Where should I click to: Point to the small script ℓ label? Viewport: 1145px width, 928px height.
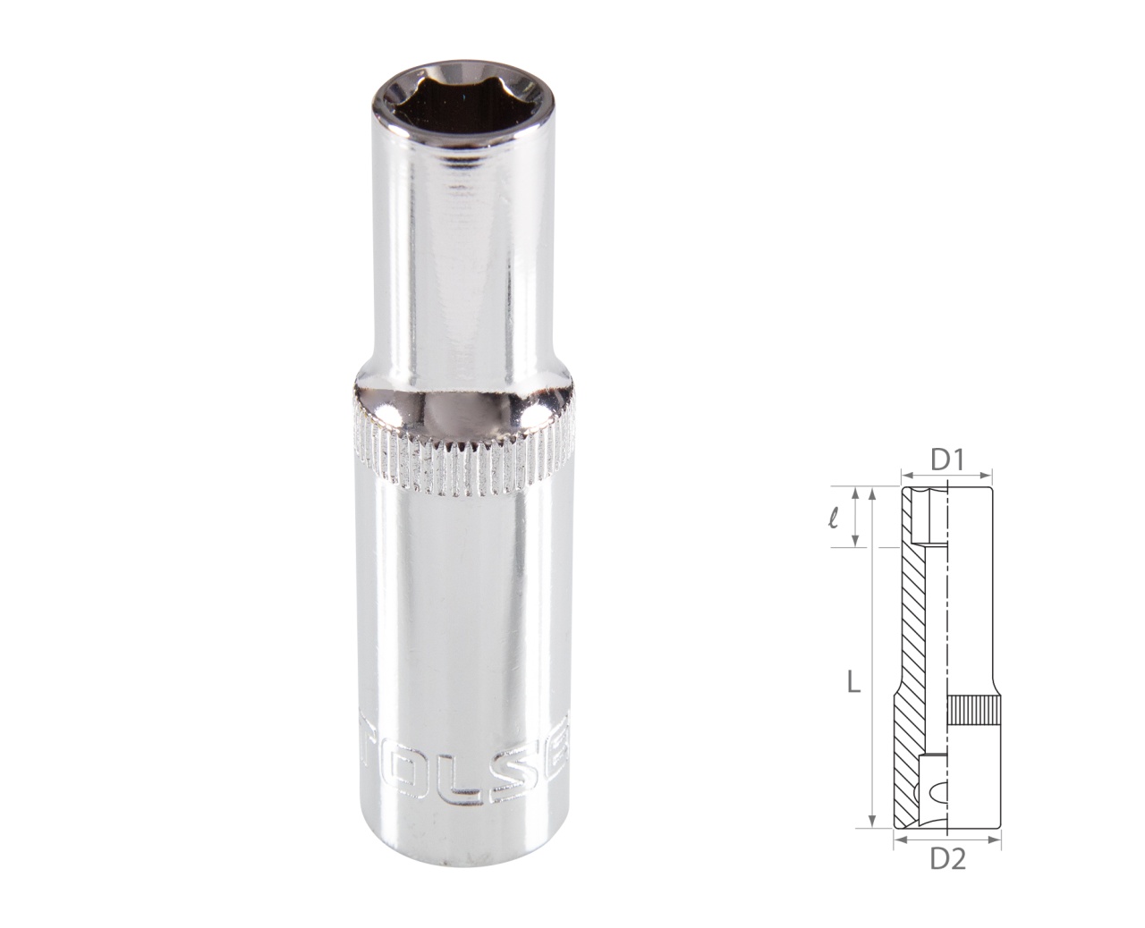click(x=834, y=516)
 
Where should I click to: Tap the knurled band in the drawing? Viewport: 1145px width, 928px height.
click(x=971, y=712)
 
